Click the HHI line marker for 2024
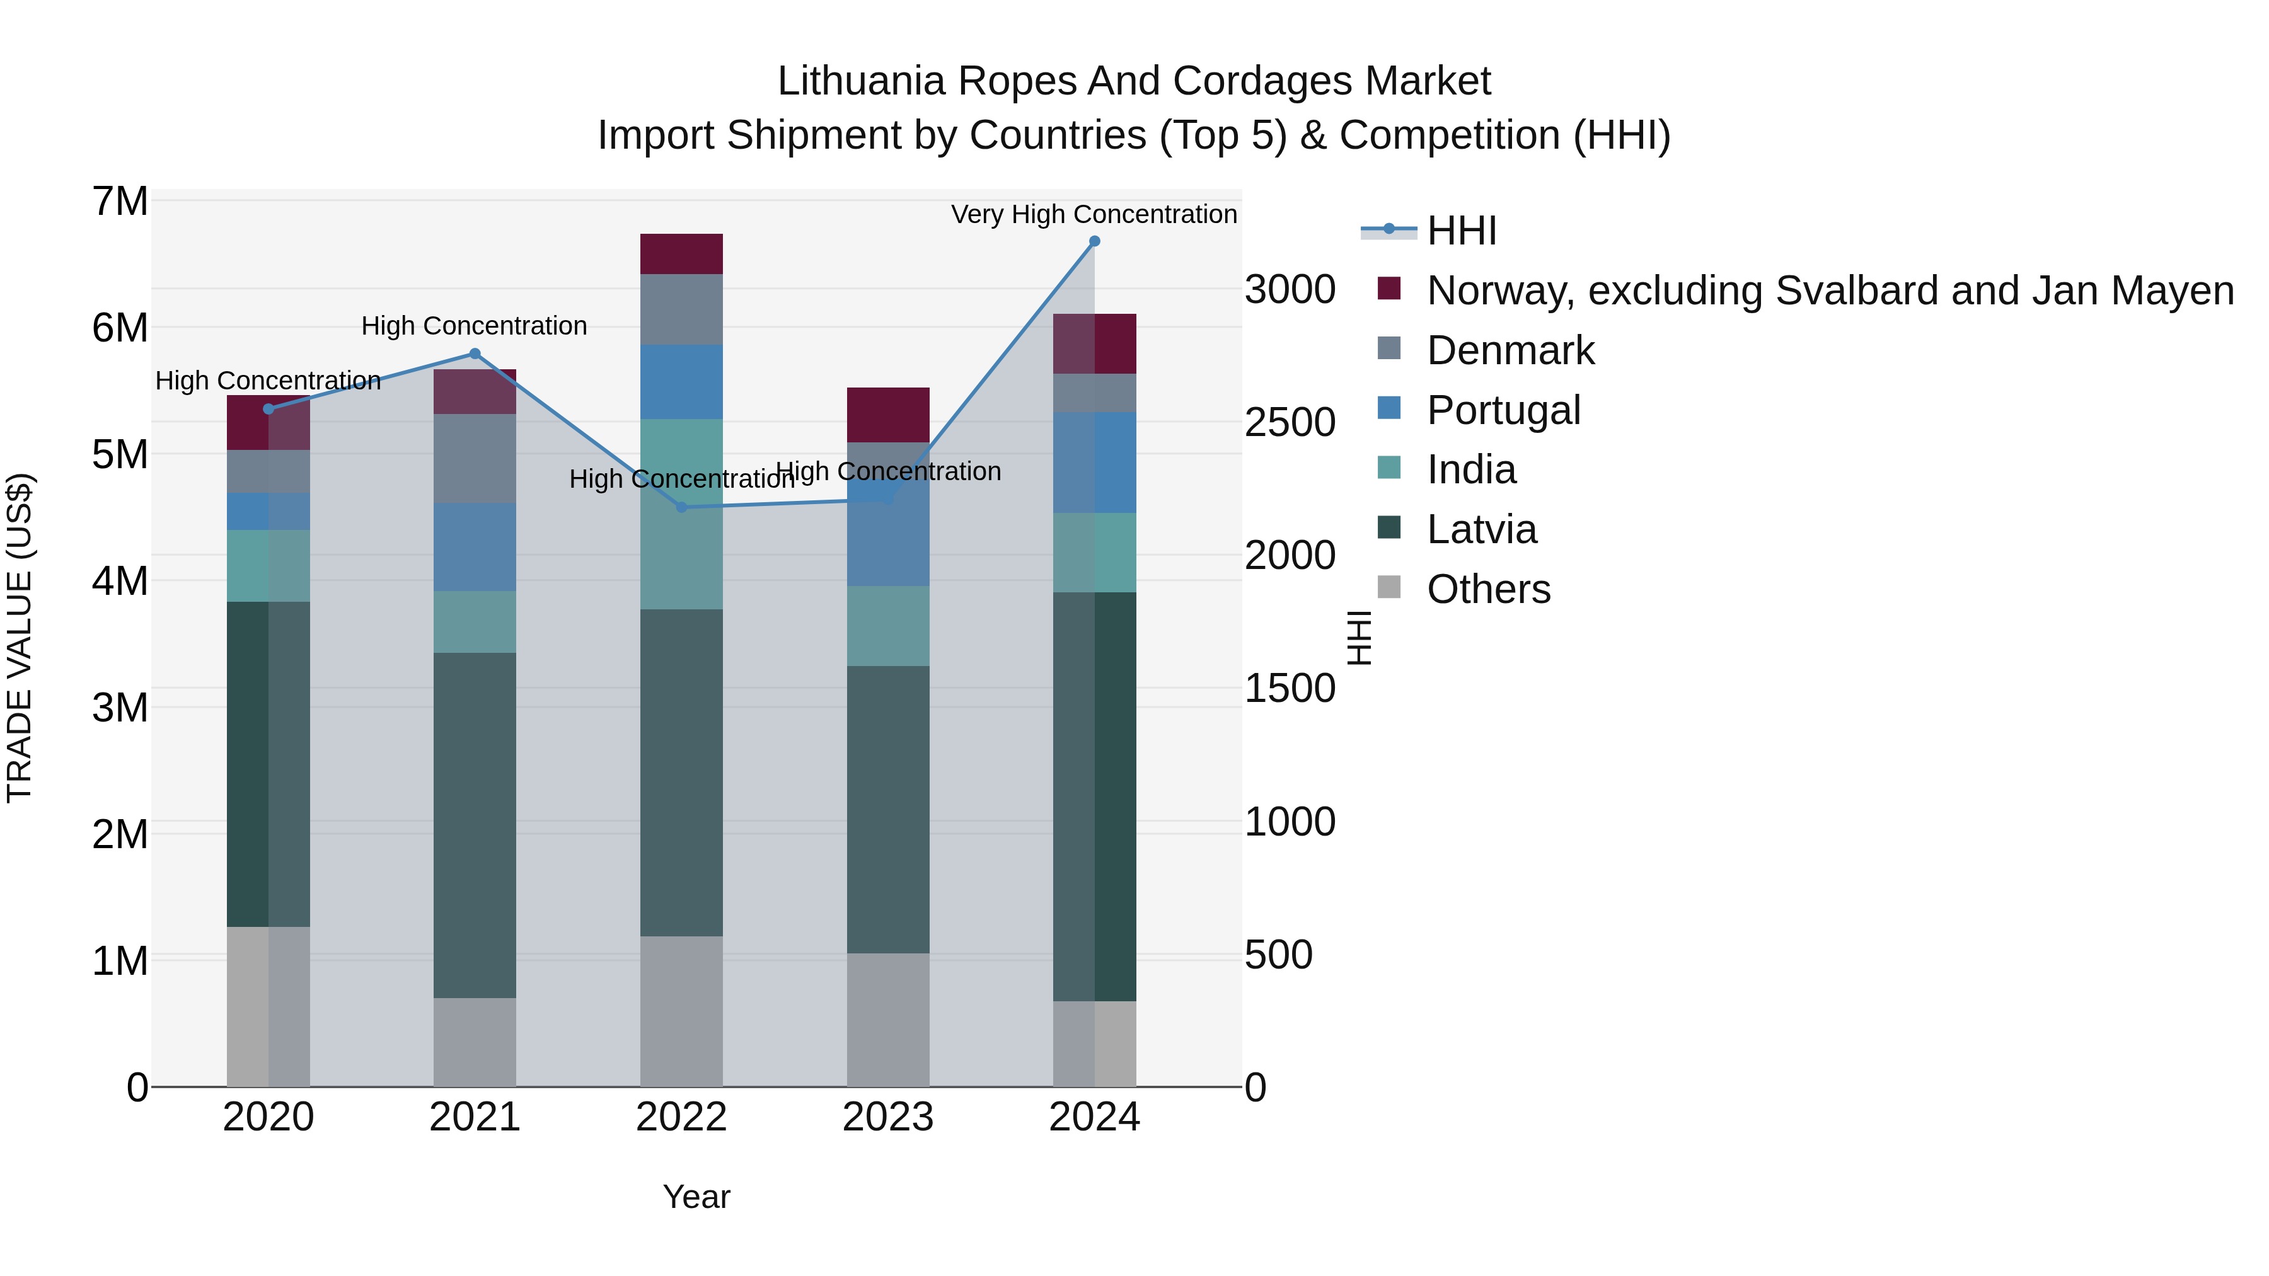1094,241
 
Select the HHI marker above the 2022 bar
681,507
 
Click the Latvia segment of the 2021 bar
475,824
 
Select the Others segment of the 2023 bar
888,1019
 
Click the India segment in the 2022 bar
681,514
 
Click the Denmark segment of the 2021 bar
475,458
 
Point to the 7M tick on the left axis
120,202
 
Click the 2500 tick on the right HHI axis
1289,423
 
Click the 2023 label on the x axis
888,1117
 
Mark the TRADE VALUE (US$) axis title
20,638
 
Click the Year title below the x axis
696,1197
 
